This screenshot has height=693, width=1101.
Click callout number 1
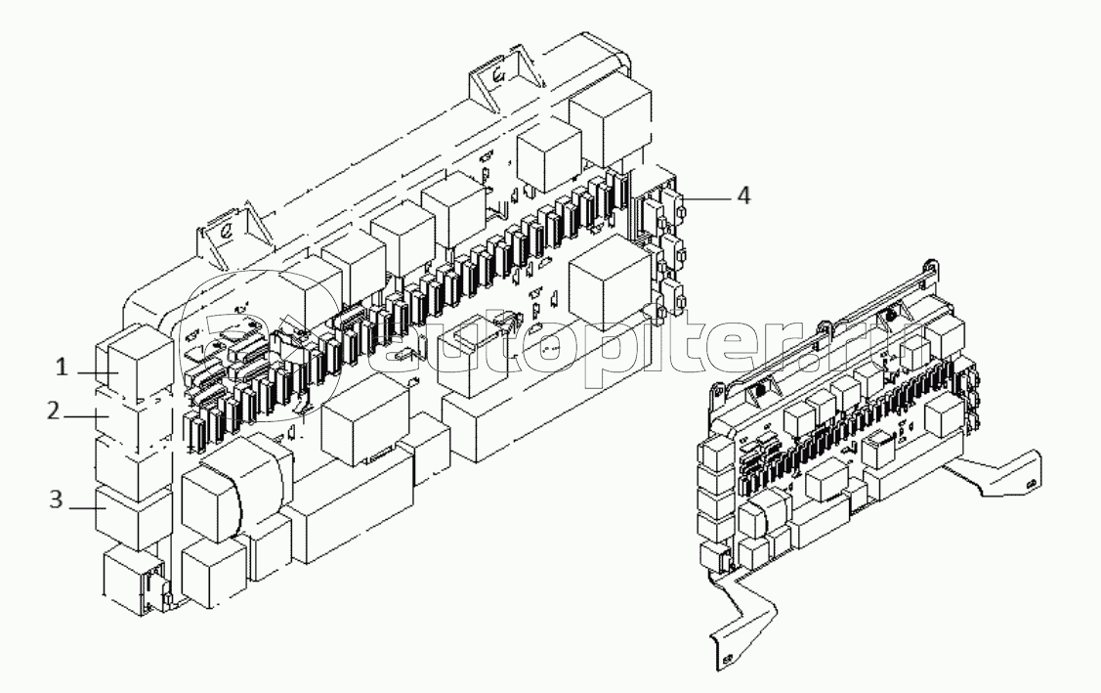(x=62, y=367)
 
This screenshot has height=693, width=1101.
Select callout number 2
(x=54, y=411)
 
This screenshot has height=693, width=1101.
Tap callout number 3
(x=56, y=499)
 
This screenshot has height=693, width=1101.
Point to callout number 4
(x=742, y=195)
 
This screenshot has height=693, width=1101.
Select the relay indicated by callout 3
(x=134, y=518)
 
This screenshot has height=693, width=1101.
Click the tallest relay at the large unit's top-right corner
(x=609, y=119)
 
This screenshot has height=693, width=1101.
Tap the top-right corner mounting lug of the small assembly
(x=930, y=266)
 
